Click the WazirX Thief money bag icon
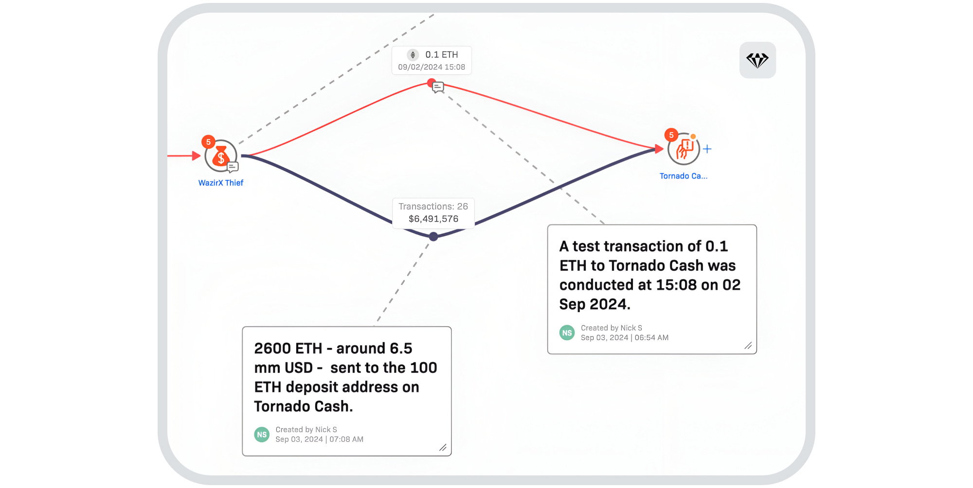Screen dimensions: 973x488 click(x=221, y=156)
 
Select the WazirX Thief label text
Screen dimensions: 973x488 click(x=221, y=183)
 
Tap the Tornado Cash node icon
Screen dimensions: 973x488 click(x=684, y=149)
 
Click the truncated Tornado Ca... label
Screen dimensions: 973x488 click(x=684, y=176)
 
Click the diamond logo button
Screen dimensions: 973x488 click(x=757, y=60)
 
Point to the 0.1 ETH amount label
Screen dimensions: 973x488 click(x=442, y=55)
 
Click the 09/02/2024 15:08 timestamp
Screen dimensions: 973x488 click(x=432, y=67)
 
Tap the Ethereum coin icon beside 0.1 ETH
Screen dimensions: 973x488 click(x=413, y=55)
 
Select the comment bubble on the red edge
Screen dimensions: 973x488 click(x=438, y=87)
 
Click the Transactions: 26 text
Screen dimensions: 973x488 click(x=433, y=207)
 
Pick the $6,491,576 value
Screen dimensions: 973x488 click(x=433, y=219)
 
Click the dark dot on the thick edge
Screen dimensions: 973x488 click(x=433, y=237)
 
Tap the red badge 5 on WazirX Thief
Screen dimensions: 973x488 click(x=208, y=142)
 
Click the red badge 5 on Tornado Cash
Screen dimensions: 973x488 click(x=671, y=135)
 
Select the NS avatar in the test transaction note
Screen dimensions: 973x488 click(x=567, y=333)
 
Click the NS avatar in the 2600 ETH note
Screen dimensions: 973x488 click(x=262, y=435)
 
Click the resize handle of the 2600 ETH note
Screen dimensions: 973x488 click(x=443, y=448)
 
